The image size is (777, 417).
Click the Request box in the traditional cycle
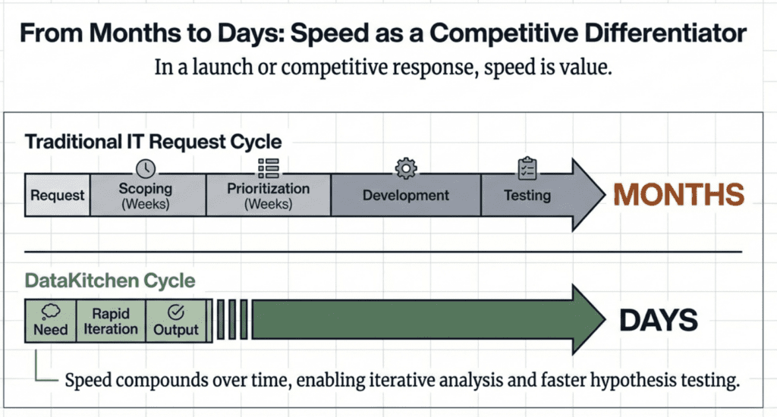58,195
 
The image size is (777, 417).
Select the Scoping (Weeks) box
148,195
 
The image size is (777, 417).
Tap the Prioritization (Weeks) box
268,195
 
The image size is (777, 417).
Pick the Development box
406,195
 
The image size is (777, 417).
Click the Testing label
527,195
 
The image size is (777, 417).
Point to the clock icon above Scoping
146,169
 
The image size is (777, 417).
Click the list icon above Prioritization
269,168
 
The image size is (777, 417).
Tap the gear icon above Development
406,168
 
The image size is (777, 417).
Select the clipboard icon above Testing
527,168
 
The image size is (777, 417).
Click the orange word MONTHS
679,195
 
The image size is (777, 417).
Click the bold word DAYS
659,320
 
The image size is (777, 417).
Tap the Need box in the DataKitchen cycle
51,321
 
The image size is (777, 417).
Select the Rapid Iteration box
111,321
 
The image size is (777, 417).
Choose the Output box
176,321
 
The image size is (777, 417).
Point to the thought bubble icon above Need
51,312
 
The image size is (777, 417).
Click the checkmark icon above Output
176,312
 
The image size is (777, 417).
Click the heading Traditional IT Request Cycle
153,142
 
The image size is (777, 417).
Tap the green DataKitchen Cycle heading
110,281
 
